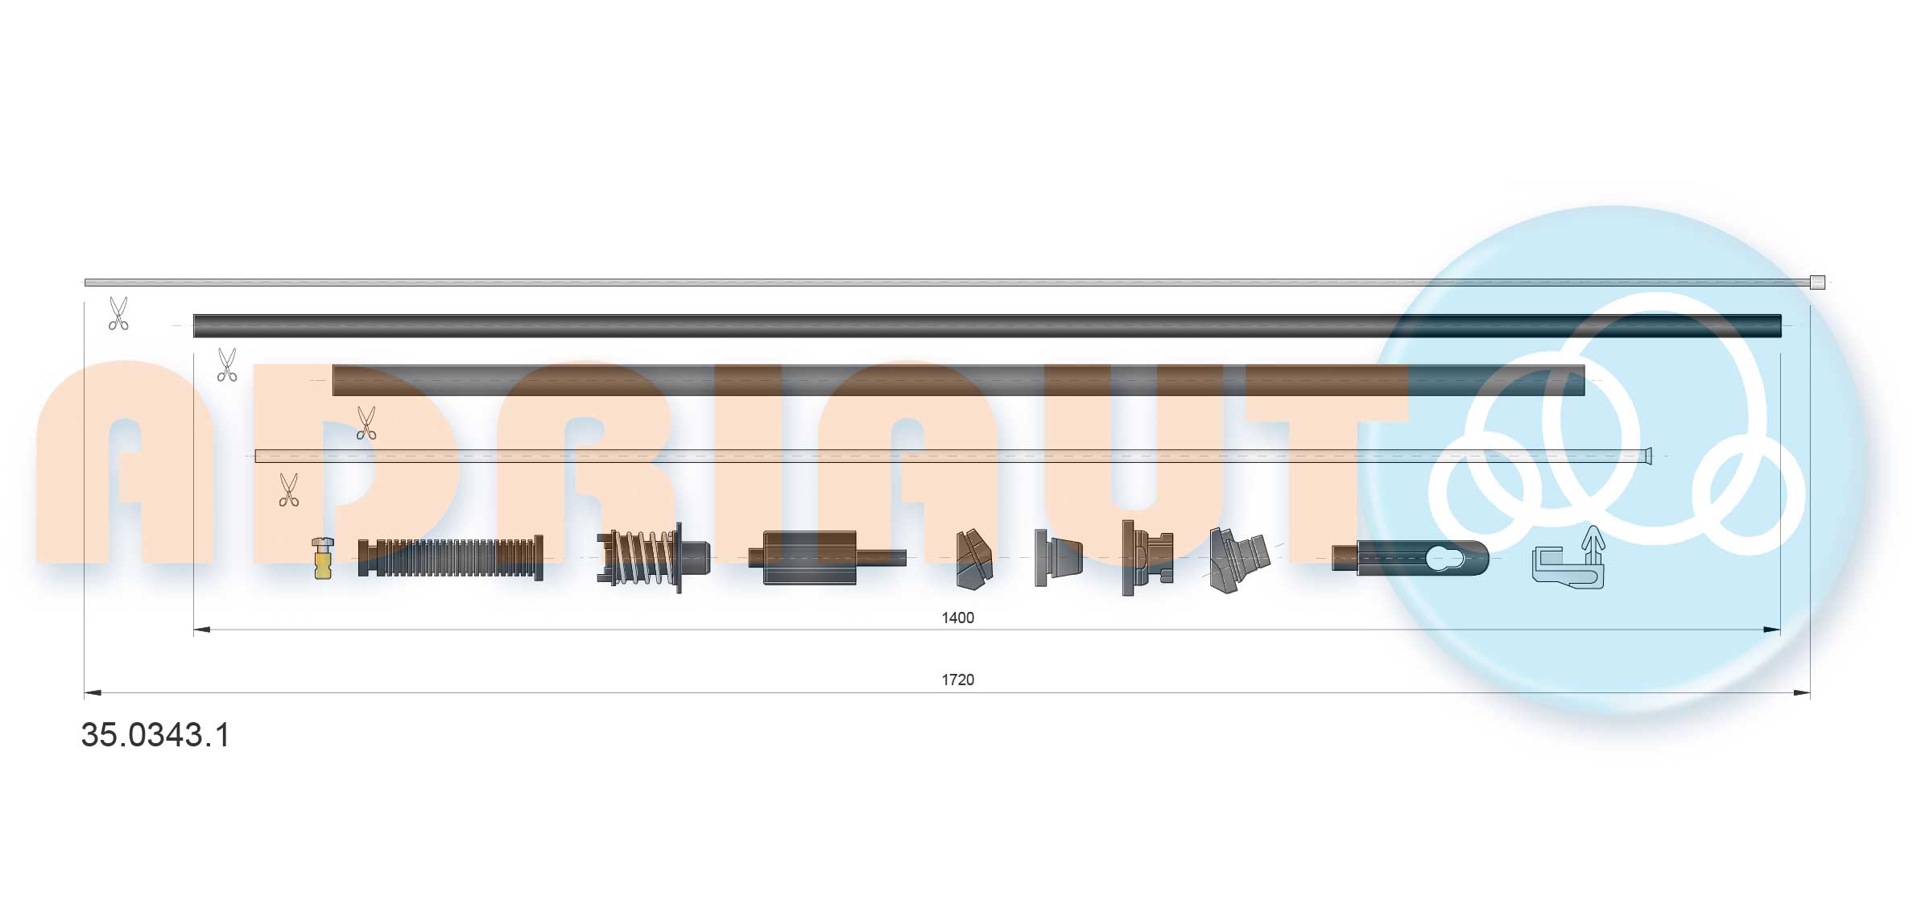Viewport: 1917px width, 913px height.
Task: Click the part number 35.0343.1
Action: [x=155, y=735]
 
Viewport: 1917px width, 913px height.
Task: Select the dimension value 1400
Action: [x=957, y=618]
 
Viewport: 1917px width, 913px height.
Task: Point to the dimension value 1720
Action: [x=957, y=680]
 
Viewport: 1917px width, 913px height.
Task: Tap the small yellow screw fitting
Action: [x=323, y=558]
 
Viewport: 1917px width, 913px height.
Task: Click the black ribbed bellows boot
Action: [x=450, y=558]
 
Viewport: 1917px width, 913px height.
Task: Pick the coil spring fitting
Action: [x=652, y=557]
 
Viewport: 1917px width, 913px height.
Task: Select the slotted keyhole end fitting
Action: [x=1411, y=558]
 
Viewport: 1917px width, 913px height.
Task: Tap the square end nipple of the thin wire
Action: [x=1817, y=282]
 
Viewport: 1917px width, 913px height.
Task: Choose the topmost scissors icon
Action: [x=118, y=313]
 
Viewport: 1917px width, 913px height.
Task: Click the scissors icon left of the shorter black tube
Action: [x=227, y=365]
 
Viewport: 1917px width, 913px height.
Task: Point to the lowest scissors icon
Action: [x=288, y=490]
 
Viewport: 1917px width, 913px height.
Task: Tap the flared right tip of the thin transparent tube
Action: [x=1648, y=456]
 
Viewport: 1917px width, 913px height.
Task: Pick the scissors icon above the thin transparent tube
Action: [x=366, y=423]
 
